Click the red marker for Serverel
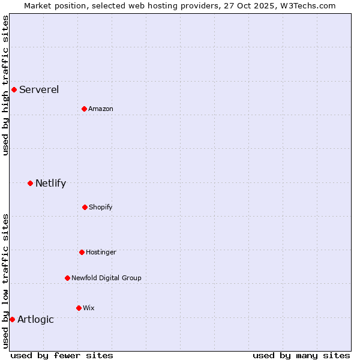point(14,90)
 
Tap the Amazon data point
point(85,109)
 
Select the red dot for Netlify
point(30,183)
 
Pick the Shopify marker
point(85,207)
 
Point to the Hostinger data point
point(82,252)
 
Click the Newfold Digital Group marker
point(67,278)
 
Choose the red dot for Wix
point(79,308)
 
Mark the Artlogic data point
point(12,319)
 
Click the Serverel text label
point(39,90)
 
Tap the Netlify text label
point(50,183)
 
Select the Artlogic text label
point(35,319)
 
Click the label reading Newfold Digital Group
point(106,278)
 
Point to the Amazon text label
point(101,109)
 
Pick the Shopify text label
point(101,207)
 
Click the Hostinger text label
point(101,252)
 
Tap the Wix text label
point(89,308)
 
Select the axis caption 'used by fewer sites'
point(62,355)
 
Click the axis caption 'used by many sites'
point(301,355)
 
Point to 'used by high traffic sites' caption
point(5,86)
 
